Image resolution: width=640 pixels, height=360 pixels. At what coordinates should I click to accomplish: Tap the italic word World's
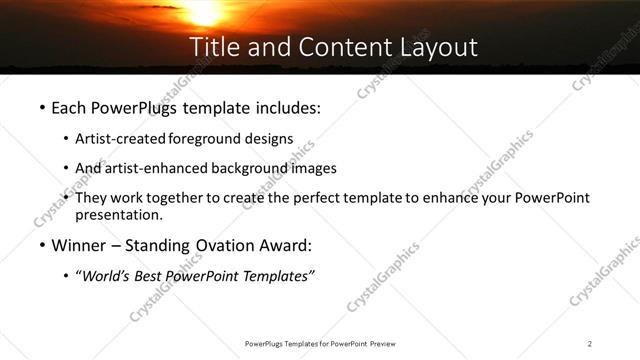107,277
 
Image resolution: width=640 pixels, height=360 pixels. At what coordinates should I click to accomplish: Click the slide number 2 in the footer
591,344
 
